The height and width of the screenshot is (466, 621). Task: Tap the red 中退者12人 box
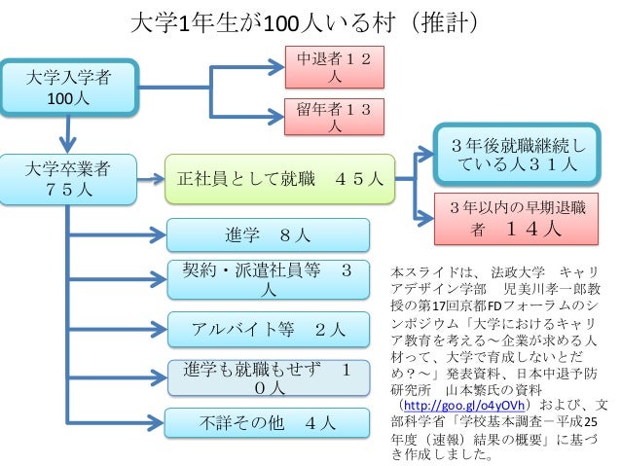point(334,66)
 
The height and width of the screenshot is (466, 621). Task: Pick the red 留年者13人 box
point(334,117)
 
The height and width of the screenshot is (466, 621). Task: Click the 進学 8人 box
point(269,234)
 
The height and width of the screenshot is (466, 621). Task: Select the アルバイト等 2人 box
point(269,328)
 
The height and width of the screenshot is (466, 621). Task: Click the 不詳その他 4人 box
point(269,423)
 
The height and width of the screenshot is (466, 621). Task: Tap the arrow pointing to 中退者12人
point(248,67)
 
